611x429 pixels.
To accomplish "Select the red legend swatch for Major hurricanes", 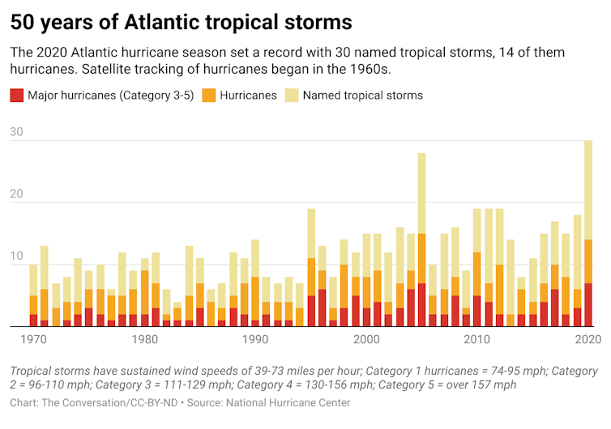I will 16,96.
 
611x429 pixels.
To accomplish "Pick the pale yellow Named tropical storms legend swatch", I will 293,96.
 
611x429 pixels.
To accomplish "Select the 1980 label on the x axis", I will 144,340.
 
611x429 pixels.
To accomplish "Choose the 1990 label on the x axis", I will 255,340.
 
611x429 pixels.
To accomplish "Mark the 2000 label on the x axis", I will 366,340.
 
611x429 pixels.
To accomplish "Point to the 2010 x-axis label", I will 477,340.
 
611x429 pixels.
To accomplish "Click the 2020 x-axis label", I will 587,340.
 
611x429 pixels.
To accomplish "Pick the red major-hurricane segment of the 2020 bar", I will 588,305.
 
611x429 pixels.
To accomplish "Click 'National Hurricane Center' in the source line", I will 294,402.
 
